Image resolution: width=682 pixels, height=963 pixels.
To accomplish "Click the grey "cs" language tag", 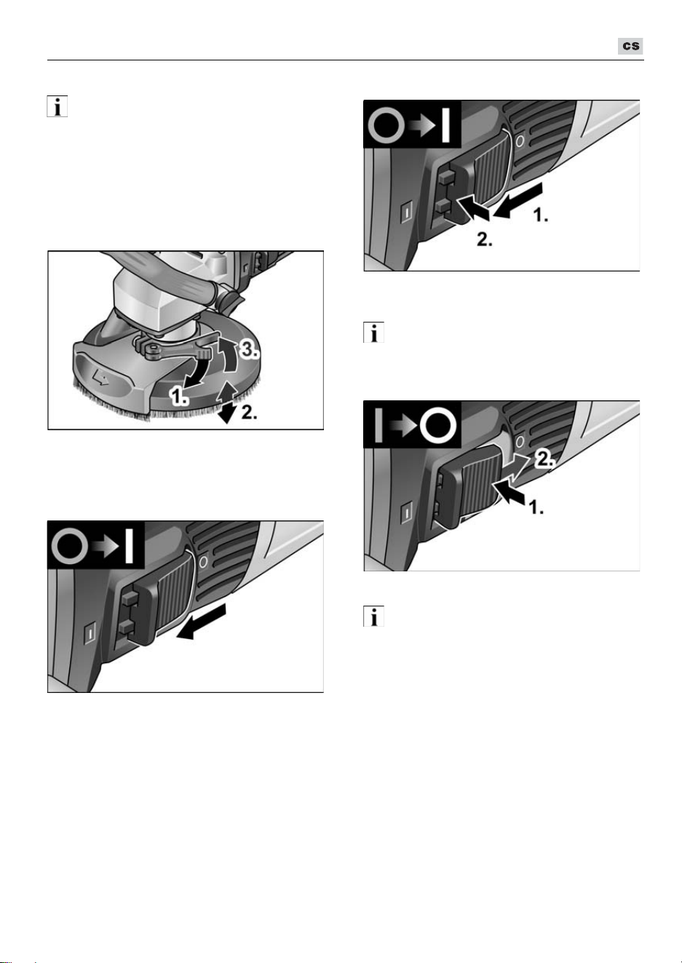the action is [x=630, y=46].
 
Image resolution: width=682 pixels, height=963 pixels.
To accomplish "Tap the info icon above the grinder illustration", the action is [x=58, y=106].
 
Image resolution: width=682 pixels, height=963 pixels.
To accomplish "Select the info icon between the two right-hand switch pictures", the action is [x=373, y=333].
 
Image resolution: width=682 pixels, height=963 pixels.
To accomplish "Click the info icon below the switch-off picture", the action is [x=373, y=616].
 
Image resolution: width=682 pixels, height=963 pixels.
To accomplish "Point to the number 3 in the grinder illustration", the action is [x=249, y=349].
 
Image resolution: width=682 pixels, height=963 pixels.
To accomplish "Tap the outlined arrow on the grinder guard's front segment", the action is [x=100, y=379].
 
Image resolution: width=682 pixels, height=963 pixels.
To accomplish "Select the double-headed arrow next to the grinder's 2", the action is [x=226, y=403].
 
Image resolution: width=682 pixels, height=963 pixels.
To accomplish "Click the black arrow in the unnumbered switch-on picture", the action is [x=200, y=621].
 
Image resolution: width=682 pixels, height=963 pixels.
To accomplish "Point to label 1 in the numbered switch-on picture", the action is [x=541, y=215].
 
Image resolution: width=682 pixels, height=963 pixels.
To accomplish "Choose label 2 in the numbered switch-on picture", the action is [x=484, y=239].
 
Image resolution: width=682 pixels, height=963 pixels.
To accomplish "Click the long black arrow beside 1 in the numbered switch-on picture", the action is [x=518, y=200].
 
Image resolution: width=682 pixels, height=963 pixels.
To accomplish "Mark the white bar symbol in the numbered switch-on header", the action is [x=445, y=125].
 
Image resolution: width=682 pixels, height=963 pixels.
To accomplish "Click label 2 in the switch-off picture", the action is [x=544, y=460].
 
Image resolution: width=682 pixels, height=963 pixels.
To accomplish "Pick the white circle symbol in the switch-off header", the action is [x=437, y=426].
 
